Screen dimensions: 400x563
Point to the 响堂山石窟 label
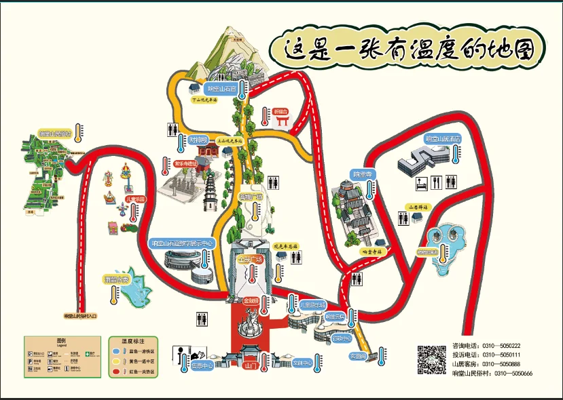222,89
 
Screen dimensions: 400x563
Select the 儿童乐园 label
136,199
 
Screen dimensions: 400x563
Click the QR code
432,359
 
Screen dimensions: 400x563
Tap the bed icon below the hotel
421,183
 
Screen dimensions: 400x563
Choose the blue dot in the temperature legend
115,352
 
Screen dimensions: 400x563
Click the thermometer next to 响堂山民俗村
79,132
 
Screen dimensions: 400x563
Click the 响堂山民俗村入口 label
81,316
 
